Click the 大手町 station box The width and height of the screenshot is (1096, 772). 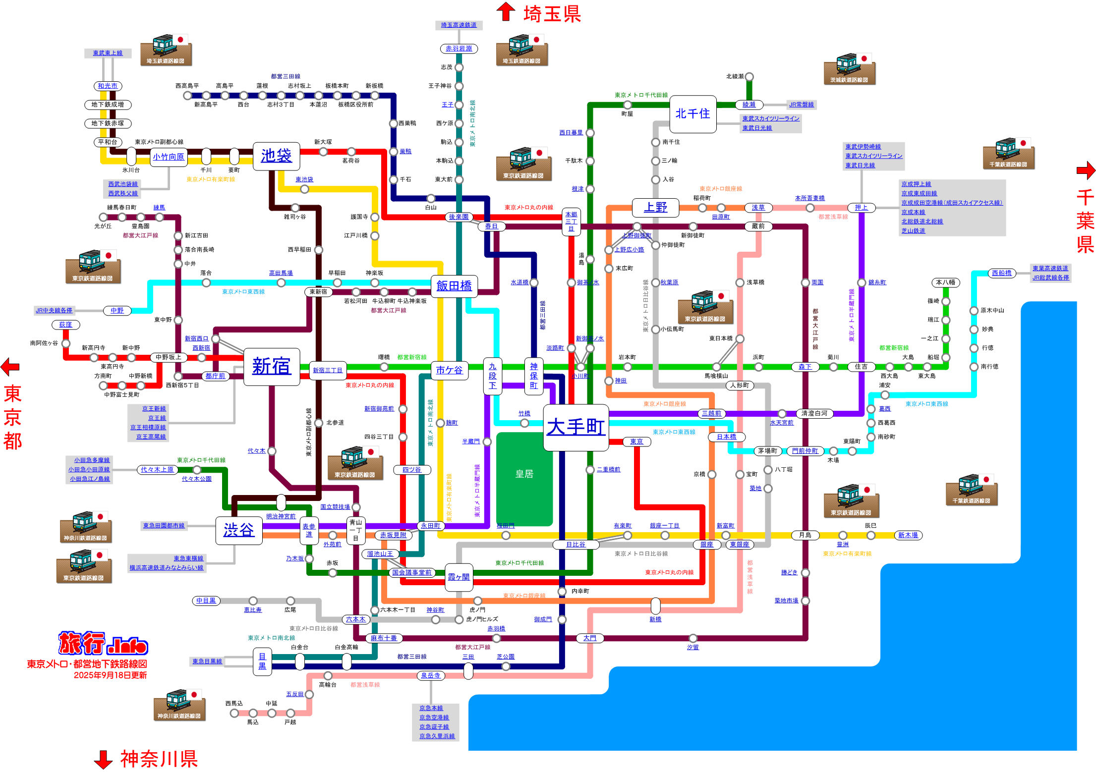tap(576, 427)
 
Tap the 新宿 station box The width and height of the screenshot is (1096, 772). tap(272, 367)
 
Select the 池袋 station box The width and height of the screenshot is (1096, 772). tap(276, 156)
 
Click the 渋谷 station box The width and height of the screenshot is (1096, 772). tap(238, 530)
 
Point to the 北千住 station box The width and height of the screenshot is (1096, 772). tap(692, 114)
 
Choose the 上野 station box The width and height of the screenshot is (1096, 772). tap(655, 208)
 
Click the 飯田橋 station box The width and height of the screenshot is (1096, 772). tap(454, 286)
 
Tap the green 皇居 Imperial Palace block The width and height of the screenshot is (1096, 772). tap(524, 479)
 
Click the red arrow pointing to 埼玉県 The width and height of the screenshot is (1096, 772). tap(506, 11)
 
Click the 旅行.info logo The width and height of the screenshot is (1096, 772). tap(103, 644)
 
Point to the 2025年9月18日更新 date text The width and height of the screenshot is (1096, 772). tap(110, 675)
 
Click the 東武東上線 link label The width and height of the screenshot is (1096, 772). tap(108, 53)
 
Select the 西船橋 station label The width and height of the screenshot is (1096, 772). tap(1002, 273)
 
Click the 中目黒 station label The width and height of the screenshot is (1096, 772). tap(206, 601)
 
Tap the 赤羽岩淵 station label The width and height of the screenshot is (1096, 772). tap(459, 49)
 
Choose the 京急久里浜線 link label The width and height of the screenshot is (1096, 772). tap(437, 736)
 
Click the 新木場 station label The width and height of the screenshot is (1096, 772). tap(908, 535)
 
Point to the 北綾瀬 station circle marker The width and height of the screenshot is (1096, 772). tap(750, 77)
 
